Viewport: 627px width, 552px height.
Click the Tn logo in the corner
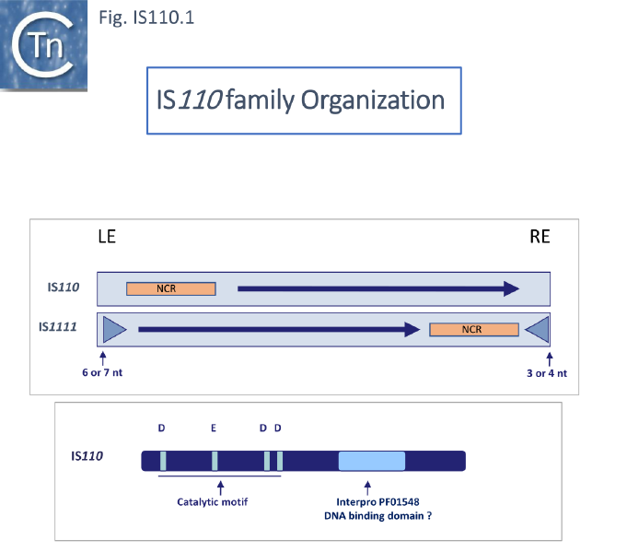tap(43, 44)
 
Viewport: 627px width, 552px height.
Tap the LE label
tap(107, 237)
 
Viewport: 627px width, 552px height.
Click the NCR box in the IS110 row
tap(170, 288)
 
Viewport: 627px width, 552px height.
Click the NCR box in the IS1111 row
tap(473, 329)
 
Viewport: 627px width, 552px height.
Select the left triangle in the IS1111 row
tap(113, 329)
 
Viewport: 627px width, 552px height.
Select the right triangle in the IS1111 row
tap(538, 329)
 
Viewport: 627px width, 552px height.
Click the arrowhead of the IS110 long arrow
tap(510, 288)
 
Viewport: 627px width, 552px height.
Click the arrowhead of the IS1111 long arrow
tap(412, 329)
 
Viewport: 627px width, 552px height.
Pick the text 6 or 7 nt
tap(103, 372)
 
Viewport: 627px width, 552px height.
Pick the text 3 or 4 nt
tap(549, 372)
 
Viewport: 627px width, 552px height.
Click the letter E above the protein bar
tap(214, 428)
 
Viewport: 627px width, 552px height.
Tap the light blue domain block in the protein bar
tap(371, 461)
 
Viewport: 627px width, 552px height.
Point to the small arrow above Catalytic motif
tap(219, 485)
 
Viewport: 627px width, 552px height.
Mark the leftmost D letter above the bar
tap(162, 428)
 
